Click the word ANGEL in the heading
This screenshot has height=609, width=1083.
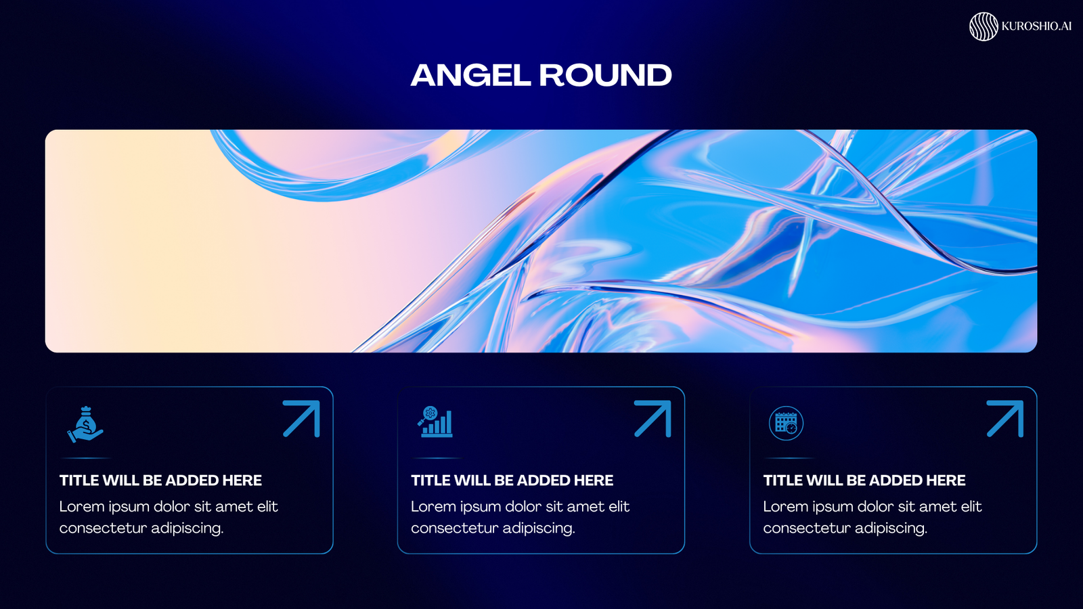tap(470, 75)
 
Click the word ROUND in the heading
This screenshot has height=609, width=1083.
tap(605, 75)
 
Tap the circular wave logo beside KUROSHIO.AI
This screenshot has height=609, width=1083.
tap(983, 26)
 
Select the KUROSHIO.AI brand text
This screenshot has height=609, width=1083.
tap(1036, 26)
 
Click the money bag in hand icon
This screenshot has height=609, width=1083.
tap(85, 424)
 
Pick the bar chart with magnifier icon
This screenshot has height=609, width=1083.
tap(435, 422)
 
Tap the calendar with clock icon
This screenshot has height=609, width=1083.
tap(786, 424)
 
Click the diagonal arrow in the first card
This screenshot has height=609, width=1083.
tap(302, 419)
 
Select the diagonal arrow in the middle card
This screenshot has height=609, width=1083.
tap(653, 419)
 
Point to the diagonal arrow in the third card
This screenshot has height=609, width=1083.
tap(1005, 419)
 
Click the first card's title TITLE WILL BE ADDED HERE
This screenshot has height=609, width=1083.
tap(160, 480)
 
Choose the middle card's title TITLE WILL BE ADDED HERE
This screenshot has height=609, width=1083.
tap(512, 480)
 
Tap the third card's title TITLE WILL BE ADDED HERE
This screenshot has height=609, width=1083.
tap(864, 480)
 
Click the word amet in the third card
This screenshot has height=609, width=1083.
tap(936, 507)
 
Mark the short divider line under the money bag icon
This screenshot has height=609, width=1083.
tap(86, 457)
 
